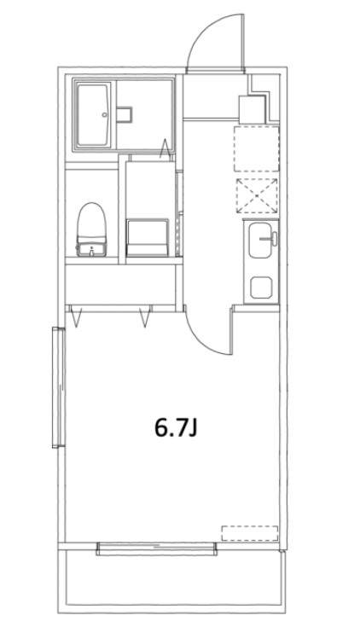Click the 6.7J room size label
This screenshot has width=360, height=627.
coord(176,427)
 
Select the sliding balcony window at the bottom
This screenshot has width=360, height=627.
coord(156,549)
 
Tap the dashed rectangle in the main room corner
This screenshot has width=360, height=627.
coord(250,533)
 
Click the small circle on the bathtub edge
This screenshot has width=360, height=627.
coord(104,113)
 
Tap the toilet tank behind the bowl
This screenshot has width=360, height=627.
coord(90,249)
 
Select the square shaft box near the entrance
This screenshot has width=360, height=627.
coord(253,108)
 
